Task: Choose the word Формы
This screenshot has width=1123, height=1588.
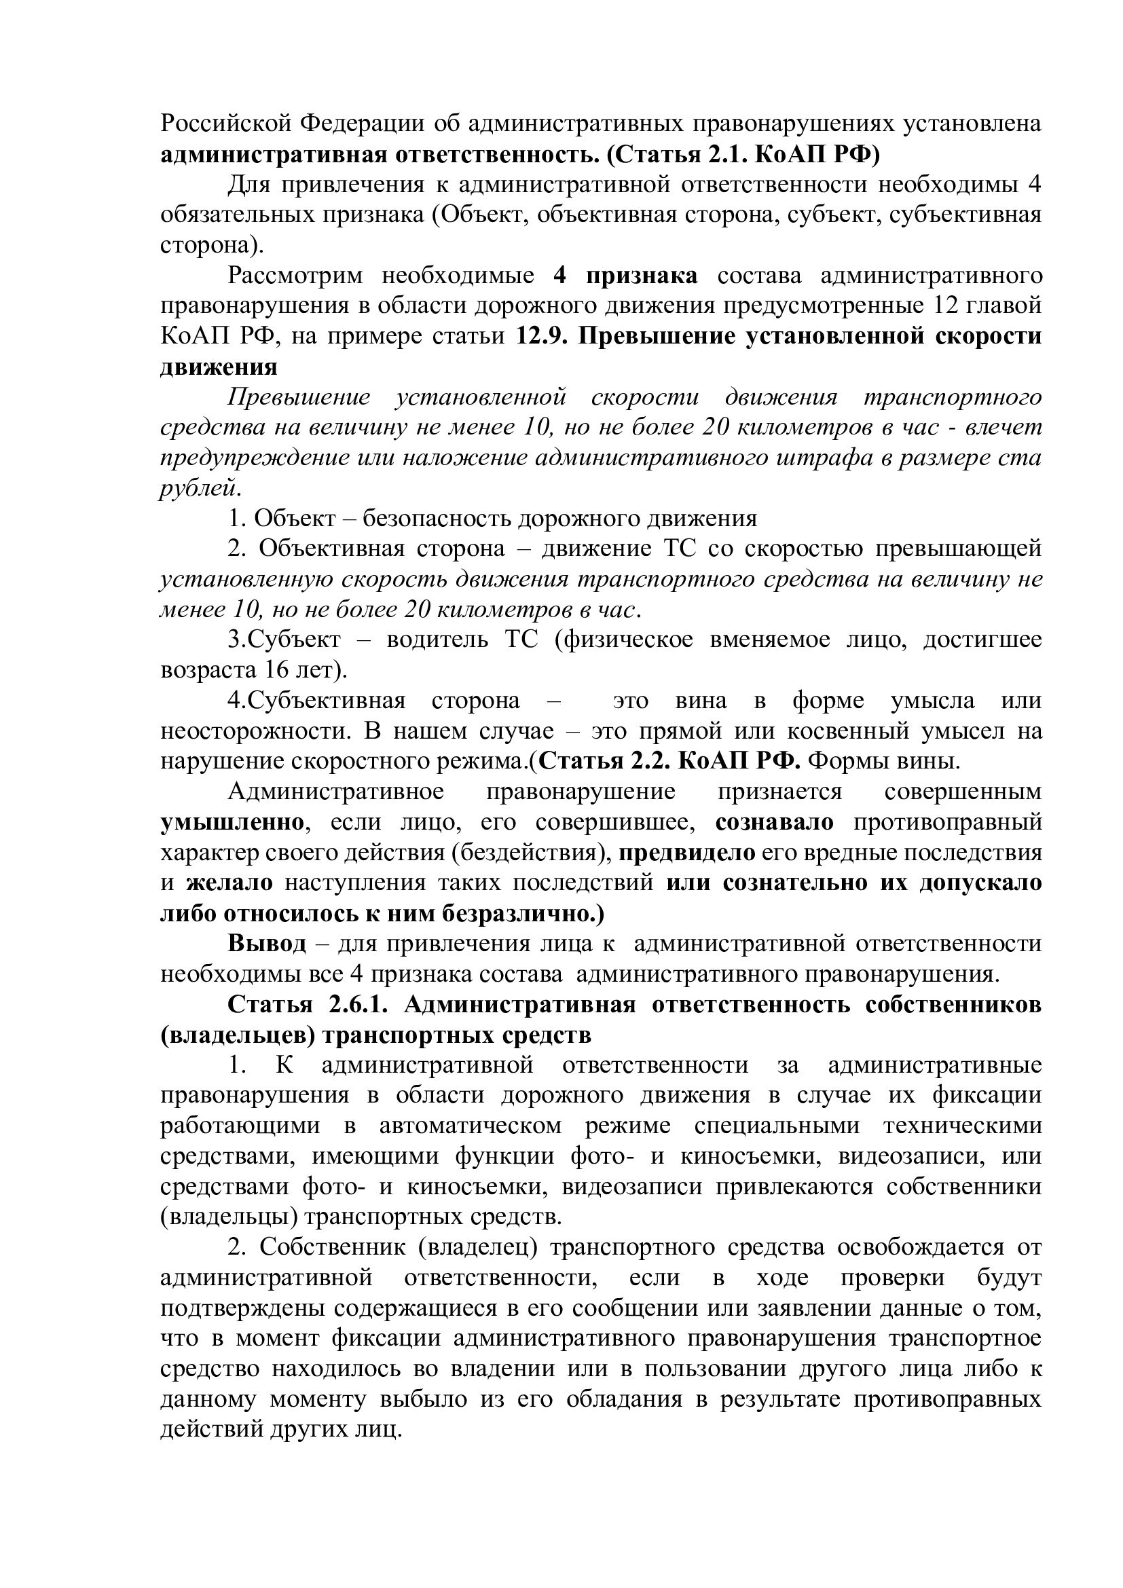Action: point(847,762)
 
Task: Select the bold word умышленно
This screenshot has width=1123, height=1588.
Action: point(232,823)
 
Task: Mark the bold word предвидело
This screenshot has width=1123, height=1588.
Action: point(686,853)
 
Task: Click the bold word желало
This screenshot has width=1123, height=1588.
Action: point(229,883)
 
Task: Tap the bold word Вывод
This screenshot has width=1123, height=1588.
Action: point(266,944)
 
